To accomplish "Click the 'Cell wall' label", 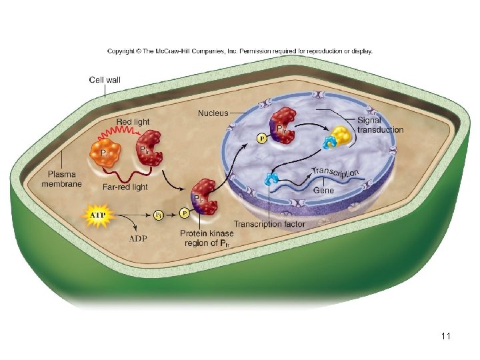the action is pyautogui.click(x=105, y=80).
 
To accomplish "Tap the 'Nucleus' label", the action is pyautogui.click(x=213, y=113).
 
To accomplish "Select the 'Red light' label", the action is pyautogui.click(x=133, y=122).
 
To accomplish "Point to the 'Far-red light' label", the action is pyautogui.click(x=126, y=187).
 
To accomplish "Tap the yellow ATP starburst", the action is pyautogui.click(x=97, y=216).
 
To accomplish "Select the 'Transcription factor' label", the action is pyautogui.click(x=269, y=224).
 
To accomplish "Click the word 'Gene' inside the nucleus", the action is pyautogui.click(x=323, y=190).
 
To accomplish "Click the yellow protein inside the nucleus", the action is pyautogui.click(x=341, y=136).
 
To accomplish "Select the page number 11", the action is pyautogui.click(x=446, y=336).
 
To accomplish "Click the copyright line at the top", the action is pyautogui.click(x=240, y=51).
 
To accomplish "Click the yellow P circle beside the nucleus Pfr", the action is pyautogui.click(x=261, y=139).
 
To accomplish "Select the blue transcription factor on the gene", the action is pyautogui.click(x=269, y=179).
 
